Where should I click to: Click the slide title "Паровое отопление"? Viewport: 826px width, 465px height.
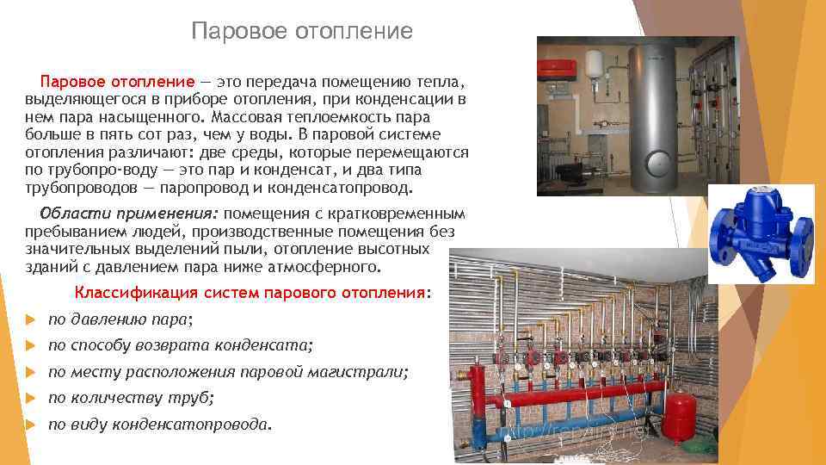[302, 32]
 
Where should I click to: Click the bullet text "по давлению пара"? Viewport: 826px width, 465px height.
[120, 319]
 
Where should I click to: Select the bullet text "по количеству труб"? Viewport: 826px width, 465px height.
[130, 398]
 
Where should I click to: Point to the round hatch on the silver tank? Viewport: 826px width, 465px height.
[659, 163]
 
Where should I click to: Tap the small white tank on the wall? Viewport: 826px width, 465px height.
[592, 65]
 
